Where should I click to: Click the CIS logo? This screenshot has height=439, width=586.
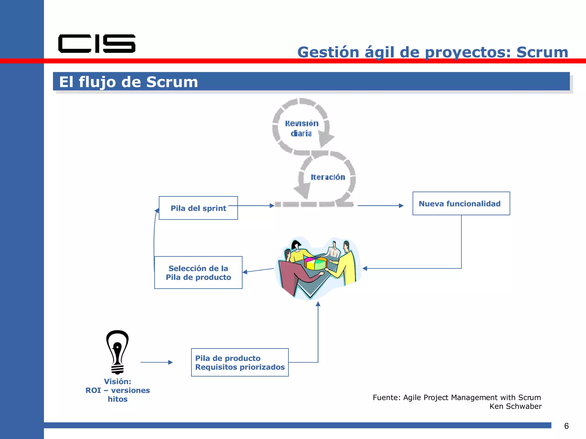click(x=97, y=44)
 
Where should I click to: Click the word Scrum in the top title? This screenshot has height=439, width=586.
click(x=542, y=52)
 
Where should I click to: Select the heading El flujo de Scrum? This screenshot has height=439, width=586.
click(x=128, y=82)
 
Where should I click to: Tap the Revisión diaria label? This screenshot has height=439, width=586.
click(x=301, y=128)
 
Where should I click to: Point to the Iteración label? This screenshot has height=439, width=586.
click(x=328, y=177)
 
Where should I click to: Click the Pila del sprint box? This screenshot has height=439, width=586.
click(x=198, y=208)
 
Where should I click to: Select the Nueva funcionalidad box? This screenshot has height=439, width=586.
click(x=461, y=203)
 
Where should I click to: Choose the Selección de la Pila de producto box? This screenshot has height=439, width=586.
click(x=198, y=273)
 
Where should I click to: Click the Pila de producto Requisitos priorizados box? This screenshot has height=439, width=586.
click(x=239, y=362)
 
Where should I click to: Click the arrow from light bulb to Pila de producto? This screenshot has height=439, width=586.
click(x=157, y=362)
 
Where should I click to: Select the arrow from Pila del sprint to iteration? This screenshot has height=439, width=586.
click(x=252, y=205)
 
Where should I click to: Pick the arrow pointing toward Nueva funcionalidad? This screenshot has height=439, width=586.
click(x=380, y=205)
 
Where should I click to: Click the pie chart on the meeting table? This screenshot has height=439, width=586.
click(x=315, y=263)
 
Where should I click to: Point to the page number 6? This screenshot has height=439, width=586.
click(x=566, y=426)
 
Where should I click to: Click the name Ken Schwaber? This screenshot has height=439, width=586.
click(x=515, y=406)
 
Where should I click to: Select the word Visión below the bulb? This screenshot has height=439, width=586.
click(x=117, y=382)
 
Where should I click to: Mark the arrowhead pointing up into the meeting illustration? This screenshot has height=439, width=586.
click(x=318, y=304)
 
